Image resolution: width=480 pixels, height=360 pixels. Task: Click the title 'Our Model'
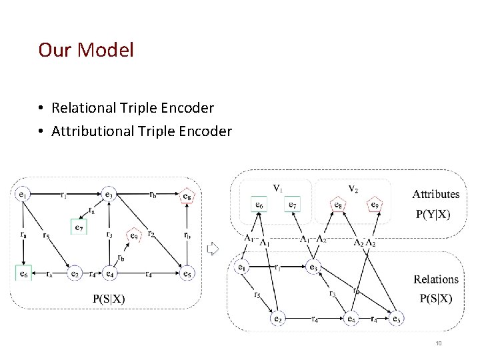86,50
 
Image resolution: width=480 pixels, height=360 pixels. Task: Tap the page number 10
439,343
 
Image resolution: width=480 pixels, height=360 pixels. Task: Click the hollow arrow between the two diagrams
213,249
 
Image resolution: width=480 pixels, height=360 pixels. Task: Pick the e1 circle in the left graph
23,195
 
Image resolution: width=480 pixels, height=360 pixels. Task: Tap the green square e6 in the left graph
23,273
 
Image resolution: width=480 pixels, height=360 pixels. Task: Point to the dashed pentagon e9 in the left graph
134,235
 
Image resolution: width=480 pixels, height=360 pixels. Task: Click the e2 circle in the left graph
75,273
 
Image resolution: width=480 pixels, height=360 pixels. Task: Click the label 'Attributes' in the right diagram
435,194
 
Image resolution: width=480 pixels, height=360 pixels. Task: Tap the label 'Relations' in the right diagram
435,279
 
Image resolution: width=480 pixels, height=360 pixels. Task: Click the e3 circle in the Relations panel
313,267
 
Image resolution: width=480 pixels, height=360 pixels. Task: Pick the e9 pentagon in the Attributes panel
375,205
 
